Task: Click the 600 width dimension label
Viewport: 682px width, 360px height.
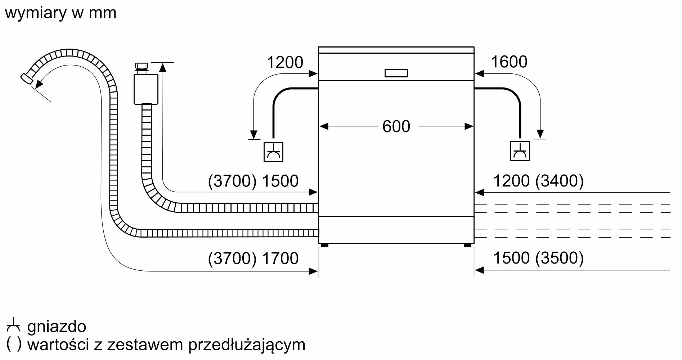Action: pos(396,127)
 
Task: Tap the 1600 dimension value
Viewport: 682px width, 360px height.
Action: pos(509,62)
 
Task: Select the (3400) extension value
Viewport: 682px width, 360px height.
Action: pos(559,181)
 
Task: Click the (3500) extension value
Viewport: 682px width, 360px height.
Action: pos(559,258)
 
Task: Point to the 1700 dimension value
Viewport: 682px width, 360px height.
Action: pos(280,258)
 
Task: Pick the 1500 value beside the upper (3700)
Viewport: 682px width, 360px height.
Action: pos(280,181)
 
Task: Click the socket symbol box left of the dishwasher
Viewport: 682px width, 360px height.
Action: pos(273,152)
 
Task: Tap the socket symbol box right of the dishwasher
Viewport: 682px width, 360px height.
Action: pos(520,151)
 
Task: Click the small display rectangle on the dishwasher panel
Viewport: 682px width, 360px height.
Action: pos(396,73)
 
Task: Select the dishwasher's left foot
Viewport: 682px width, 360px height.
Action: pos(324,246)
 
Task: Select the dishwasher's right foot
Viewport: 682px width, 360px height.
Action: pos(467,246)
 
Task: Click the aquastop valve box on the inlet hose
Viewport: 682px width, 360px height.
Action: pos(146,89)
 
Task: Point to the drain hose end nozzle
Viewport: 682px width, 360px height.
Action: pos(27,78)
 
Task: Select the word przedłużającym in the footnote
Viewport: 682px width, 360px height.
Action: pos(247,345)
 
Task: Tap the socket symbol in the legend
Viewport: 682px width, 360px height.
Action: pos(13,325)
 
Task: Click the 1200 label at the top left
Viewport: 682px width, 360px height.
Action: pos(285,63)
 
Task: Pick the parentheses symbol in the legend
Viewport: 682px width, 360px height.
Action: pos(14,345)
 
